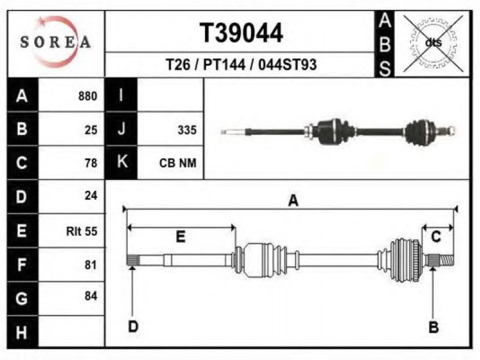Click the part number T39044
pos(241,33)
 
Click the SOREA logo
pos(56,42)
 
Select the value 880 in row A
pos(88,96)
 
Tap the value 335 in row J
pos(187,130)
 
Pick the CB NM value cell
pos(178,163)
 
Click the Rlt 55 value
pos(82,231)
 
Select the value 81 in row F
pos(91,265)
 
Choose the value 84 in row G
pos(91,296)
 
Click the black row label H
pos(22,332)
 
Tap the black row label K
pos(122,162)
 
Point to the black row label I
pos(122,95)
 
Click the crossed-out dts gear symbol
pos(433,43)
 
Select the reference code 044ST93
pos(287,65)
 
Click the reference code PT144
pos(224,65)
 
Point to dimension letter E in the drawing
pos(181,237)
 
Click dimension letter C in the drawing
pos(436,237)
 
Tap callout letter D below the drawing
pos(133,326)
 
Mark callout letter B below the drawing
pos(433,327)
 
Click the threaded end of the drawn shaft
pos(447,260)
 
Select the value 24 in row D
pos(91,196)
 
